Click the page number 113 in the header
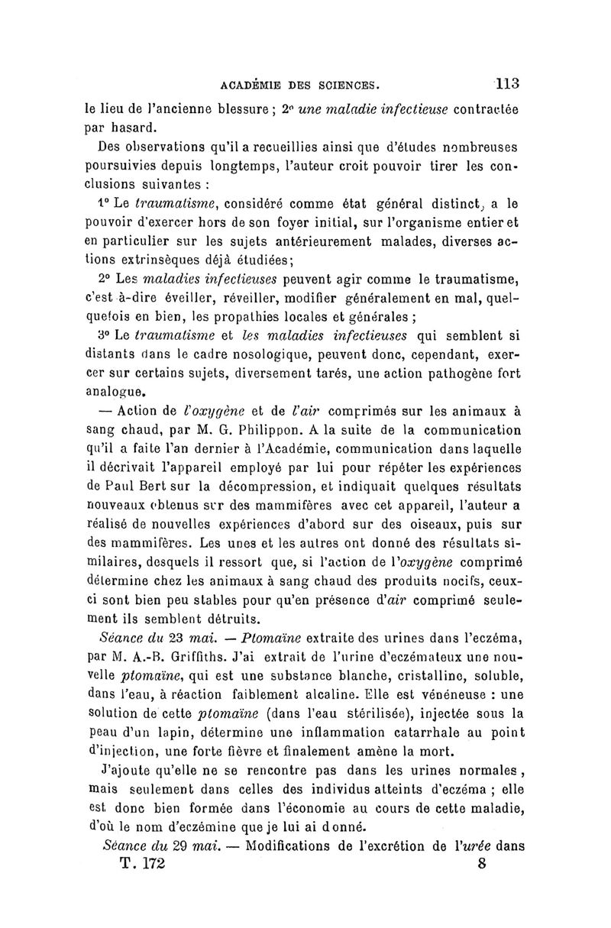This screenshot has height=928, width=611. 506,83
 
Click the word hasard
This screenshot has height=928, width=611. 131,128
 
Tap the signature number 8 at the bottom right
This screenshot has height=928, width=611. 481,865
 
